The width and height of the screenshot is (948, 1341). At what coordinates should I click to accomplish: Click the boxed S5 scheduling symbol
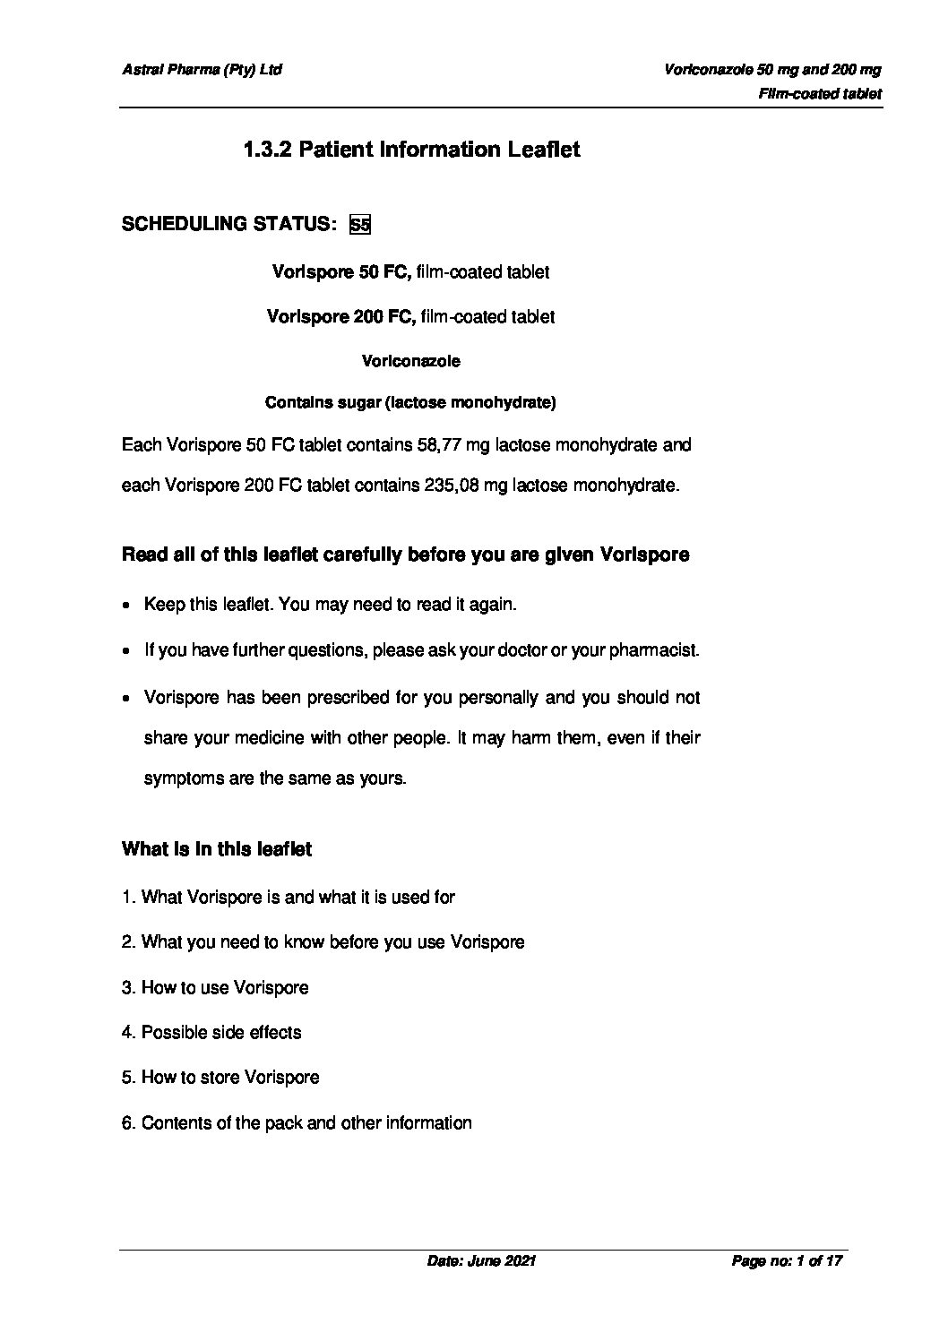(x=359, y=224)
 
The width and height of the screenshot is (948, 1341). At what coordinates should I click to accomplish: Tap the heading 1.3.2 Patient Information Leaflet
(x=411, y=150)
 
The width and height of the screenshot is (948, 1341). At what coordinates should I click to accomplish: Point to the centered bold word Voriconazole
(x=410, y=361)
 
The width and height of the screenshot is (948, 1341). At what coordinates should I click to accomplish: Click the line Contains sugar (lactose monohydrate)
(x=410, y=403)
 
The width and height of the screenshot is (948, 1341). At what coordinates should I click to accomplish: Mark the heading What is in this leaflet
(x=217, y=849)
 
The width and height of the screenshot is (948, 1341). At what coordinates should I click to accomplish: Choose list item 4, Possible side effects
(x=211, y=1033)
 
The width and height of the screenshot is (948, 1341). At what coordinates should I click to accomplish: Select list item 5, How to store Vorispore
(x=220, y=1078)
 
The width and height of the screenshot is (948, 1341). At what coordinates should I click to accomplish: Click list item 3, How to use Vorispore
(x=215, y=988)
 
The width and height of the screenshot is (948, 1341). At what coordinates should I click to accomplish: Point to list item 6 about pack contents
(x=297, y=1123)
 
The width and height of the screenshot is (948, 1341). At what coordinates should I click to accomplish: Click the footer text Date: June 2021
(x=481, y=1261)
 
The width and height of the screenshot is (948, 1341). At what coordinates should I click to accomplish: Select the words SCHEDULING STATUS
(x=228, y=224)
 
